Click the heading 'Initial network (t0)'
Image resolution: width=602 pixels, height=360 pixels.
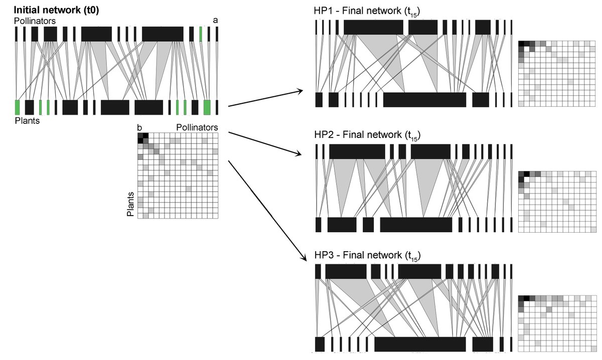coord(56,10)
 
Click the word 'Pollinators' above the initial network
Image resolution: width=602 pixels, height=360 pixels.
coord(35,21)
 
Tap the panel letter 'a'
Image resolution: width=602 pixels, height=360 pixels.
coord(215,21)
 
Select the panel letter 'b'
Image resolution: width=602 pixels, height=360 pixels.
coord(139,127)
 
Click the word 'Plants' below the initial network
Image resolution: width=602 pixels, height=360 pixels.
coord(27,121)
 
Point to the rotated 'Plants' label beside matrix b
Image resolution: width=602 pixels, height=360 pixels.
coord(130,204)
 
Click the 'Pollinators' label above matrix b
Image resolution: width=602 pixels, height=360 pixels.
coord(197,127)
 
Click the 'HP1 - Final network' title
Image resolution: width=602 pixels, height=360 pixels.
coord(367,12)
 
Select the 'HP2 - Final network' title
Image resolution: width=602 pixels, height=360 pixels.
coord(367,135)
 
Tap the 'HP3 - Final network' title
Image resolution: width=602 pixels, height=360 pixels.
coord(367,256)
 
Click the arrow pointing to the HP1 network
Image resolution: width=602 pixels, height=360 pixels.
coord(265,98)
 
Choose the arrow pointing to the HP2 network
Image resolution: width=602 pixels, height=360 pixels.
coord(265,143)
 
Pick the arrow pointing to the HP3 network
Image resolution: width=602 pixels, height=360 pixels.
coord(267,211)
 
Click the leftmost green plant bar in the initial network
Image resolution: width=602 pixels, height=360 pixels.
coord(17,107)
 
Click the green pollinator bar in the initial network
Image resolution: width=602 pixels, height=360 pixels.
coord(201,34)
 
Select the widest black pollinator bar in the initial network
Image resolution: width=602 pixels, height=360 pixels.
coord(163,34)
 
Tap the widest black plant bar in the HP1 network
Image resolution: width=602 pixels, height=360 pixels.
coord(424,100)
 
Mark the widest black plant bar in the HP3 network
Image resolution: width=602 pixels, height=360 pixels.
coord(420,344)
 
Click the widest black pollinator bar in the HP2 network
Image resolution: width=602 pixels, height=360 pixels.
coord(357,151)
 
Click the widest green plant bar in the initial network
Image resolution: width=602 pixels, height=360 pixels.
coord(207,107)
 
